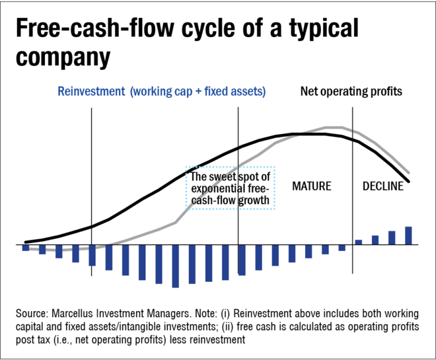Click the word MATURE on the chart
coord(311,186)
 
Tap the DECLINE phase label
coord(383,186)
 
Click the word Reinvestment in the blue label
coord(89,92)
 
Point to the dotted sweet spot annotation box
coord(231,188)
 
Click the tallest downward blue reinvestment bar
coord(175,266)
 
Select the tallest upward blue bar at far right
coord(408,235)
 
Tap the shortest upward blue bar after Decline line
coord(359,242)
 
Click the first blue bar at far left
coord(26,248)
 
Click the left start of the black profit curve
coord(25,242)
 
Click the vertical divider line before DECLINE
coord(353,198)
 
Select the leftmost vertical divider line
coord(91,198)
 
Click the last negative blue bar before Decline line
coord(342,248)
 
